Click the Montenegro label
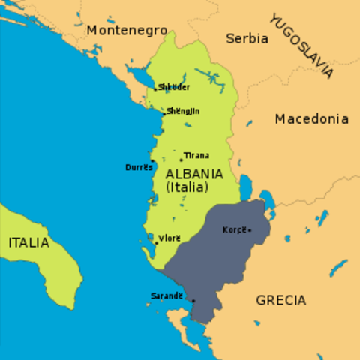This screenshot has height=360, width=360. coord(126,30)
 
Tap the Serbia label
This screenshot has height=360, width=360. coord(247,38)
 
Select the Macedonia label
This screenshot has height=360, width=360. coord(311,118)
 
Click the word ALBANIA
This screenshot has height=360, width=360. coord(193,174)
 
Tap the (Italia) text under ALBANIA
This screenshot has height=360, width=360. coord(186,187)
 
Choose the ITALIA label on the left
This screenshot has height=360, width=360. coord(28,242)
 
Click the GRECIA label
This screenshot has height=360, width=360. coord(280,300)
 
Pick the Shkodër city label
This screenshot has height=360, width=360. coord(175,87)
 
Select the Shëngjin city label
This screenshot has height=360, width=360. coord(184,111)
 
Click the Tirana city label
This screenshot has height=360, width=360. coord(196,155)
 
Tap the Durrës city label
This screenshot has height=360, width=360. coord(139,167)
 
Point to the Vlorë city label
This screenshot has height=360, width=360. coord(170,238)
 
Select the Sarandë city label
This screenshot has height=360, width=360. coord(166,295)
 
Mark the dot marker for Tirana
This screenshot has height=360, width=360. coord(181,159)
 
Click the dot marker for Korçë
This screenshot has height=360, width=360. coord(250,230)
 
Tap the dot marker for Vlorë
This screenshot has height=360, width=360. coord(156,242)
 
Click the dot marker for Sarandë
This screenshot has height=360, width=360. coord(193,301)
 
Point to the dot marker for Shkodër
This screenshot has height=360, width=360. coord(155,88)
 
